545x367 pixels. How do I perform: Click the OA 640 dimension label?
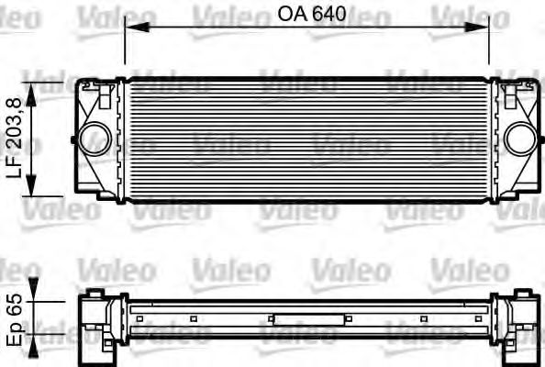(307, 14)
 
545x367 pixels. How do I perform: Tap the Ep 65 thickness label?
(16, 318)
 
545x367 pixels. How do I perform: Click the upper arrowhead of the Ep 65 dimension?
(34, 285)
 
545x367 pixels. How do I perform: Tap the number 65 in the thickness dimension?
(16, 306)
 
